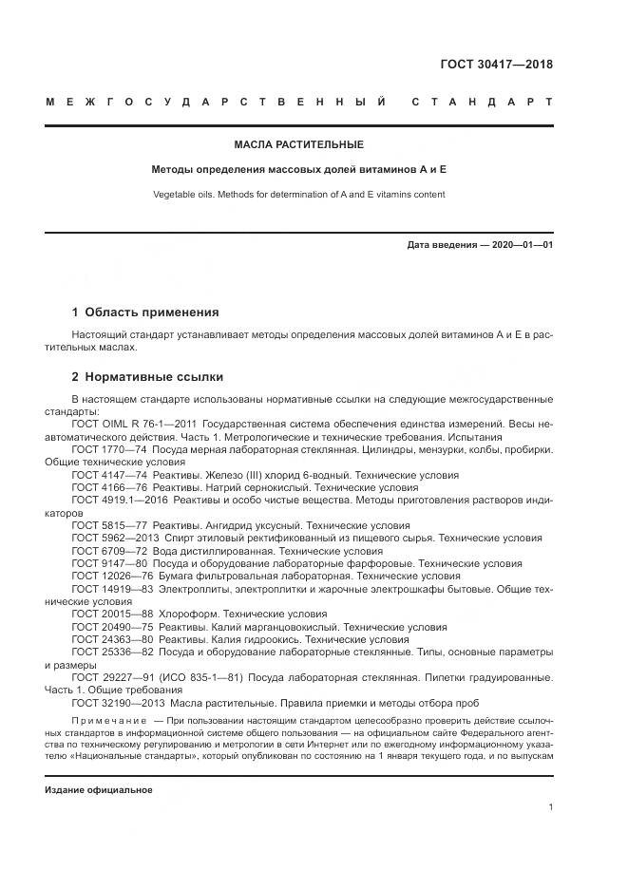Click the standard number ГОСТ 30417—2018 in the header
(x=496, y=65)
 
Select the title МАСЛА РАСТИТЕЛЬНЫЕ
(x=299, y=145)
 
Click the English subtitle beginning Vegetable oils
(x=299, y=195)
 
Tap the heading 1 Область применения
(x=145, y=312)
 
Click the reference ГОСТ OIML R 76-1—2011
(x=133, y=425)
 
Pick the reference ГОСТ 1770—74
(x=109, y=449)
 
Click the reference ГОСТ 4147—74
(x=109, y=474)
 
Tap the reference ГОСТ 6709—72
(x=109, y=550)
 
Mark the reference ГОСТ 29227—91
(x=112, y=677)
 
